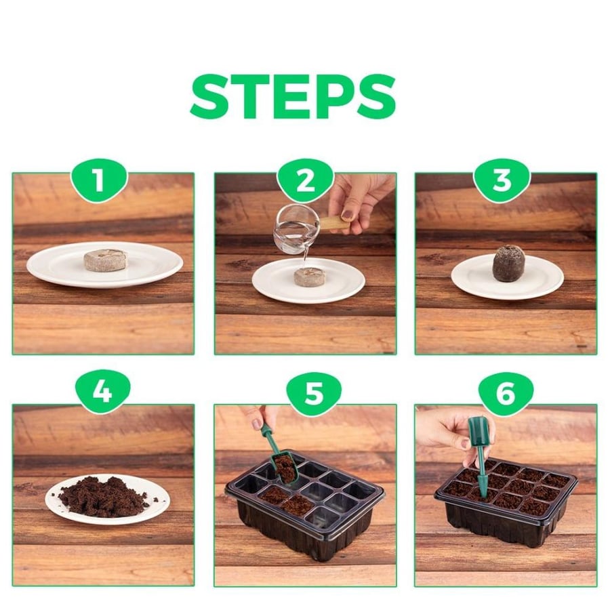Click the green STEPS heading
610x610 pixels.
[x=293, y=97]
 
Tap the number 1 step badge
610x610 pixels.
[x=99, y=180]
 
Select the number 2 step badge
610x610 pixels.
[x=306, y=180]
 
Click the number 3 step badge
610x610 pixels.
[x=502, y=180]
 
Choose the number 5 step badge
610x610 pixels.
[x=314, y=393]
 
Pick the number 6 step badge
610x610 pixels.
[x=506, y=393]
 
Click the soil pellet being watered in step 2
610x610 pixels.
[x=307, y=278]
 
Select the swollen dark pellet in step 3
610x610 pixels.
[x=506, y=262]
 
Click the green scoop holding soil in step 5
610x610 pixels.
[x=279, y=456]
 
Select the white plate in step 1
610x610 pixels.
[x=104, y=265]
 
